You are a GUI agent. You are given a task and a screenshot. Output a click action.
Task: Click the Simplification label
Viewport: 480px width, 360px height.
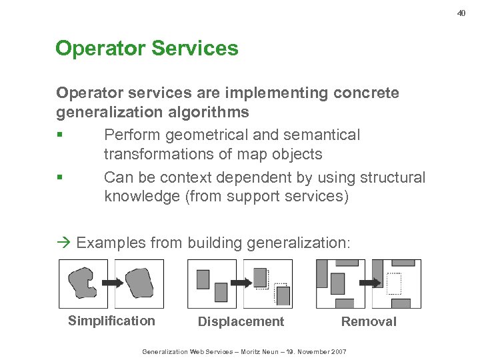tap(111, 321)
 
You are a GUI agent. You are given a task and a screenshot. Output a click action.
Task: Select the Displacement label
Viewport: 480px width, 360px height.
tap(241, 321)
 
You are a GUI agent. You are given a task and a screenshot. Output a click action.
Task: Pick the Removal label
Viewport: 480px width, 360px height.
tap(369, 321)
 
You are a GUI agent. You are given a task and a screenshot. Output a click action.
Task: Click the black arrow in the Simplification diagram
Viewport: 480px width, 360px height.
tap(111, 283)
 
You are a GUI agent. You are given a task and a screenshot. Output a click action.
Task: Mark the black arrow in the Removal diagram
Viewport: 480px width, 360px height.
tap(367, 283)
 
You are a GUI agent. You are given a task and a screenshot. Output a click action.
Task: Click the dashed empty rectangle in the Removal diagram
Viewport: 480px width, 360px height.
tap(395, 284)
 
